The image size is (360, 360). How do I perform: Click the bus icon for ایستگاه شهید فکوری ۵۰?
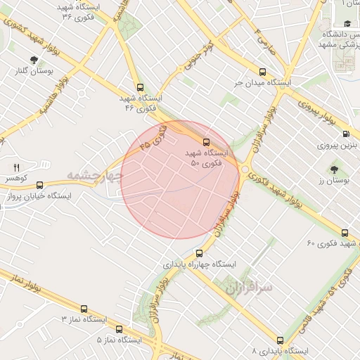(206, 143)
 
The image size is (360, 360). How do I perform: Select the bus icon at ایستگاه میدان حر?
(263, 72)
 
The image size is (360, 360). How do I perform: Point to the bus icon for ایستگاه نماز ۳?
(84, 309)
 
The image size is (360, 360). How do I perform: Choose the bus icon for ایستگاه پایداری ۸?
(281, 340)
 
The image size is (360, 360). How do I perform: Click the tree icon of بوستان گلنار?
(34, 60)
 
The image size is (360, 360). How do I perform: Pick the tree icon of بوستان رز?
(333, 169)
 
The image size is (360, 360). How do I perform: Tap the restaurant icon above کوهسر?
(16, 167)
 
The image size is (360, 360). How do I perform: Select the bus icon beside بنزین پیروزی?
(345, 133)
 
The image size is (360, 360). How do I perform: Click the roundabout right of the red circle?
(245, 169)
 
